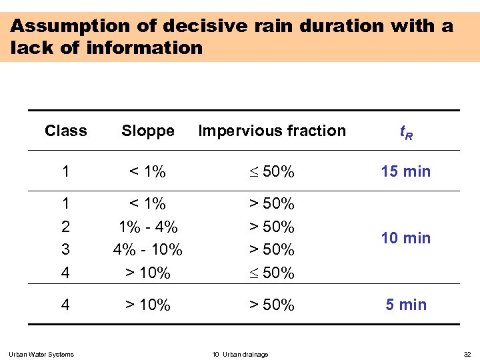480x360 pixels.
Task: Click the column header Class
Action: (65, 131)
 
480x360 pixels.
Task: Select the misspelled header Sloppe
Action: (148, 131)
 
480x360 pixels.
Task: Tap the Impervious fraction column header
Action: (272, 131)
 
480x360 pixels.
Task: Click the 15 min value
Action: (406, 171)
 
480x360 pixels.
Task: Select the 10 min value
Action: (406, 238)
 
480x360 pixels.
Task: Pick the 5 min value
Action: (406, 305)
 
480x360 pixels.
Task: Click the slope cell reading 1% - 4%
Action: (148, 227)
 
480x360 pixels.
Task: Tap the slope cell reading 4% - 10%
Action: (148, 249)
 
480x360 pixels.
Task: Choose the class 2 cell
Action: (65, 227)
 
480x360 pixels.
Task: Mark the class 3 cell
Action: (65, 249)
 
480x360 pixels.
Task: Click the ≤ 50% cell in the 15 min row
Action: (272, 171)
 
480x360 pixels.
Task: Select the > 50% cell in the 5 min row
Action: (272, 305)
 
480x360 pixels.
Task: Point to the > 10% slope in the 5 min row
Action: (148, 305)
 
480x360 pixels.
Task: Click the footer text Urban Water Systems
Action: (42, 354)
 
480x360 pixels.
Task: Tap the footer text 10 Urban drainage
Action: (240, 354)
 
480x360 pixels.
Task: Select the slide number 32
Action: (467, 354)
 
